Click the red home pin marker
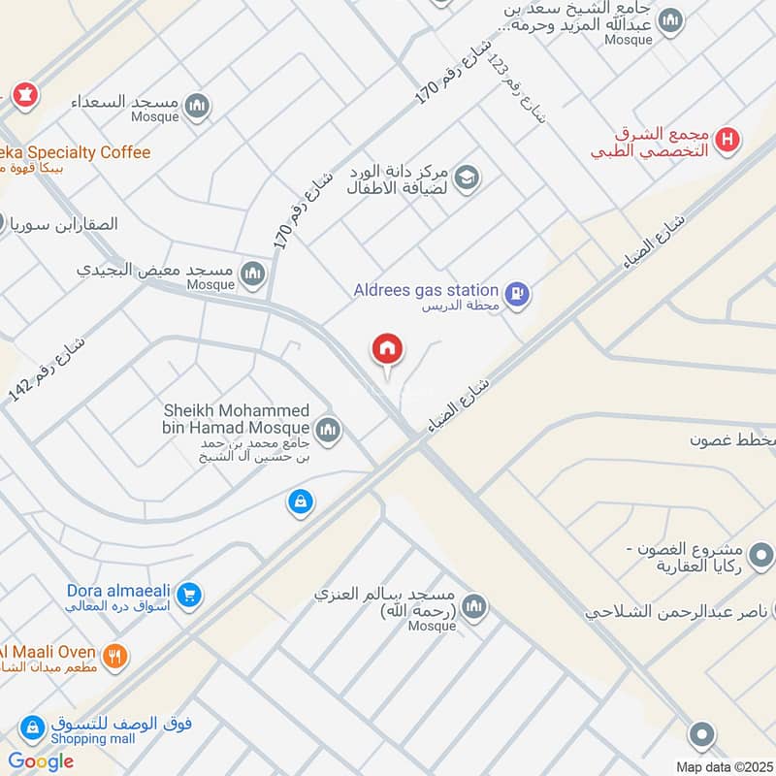point(388,350)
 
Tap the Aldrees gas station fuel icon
point(518,292)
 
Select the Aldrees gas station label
point(439,290)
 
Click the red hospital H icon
point(727,142)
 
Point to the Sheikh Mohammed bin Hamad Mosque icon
point(328,428)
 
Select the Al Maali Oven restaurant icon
point(115,657)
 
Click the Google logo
point(41,760)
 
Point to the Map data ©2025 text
point(724,766)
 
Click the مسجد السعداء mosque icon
point(197,106)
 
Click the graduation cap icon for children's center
point(467,178)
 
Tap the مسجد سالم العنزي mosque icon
point(473,607)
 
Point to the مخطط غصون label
point(732,440)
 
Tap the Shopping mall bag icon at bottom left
point(32,727)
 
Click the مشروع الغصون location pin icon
point(762,555)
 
